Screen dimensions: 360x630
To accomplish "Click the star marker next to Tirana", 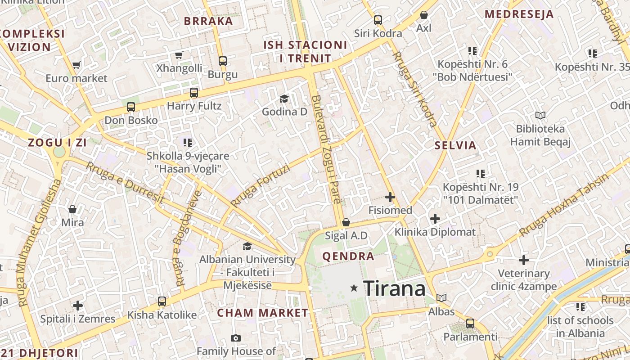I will (355, 288).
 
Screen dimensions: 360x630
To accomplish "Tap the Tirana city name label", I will (394, 288).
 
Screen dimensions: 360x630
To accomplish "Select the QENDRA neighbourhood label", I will (348, 256).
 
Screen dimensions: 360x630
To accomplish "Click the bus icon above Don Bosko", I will (131, 107).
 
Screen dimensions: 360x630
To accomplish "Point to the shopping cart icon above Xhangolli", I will (179, 55).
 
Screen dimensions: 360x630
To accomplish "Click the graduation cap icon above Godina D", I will (284, 99).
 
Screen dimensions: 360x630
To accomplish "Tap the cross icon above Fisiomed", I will (390, 197).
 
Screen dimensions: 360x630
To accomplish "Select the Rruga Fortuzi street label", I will (260, 186).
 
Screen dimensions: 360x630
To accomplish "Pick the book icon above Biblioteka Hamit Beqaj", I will (540, 116).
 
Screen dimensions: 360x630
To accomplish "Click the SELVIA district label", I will (455, 145).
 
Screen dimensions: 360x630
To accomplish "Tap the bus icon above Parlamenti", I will (470, 323).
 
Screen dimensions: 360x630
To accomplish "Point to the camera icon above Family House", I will (235, 338).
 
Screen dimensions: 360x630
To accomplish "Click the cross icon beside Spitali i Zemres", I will (78, 306).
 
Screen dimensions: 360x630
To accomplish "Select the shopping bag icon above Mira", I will (72, 209).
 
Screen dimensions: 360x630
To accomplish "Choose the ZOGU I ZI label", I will (57, 143).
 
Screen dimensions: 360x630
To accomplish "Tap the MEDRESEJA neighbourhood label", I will (519, 14).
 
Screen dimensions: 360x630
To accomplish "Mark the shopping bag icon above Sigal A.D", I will (346, 222).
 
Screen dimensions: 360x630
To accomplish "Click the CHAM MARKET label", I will (263, 313).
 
